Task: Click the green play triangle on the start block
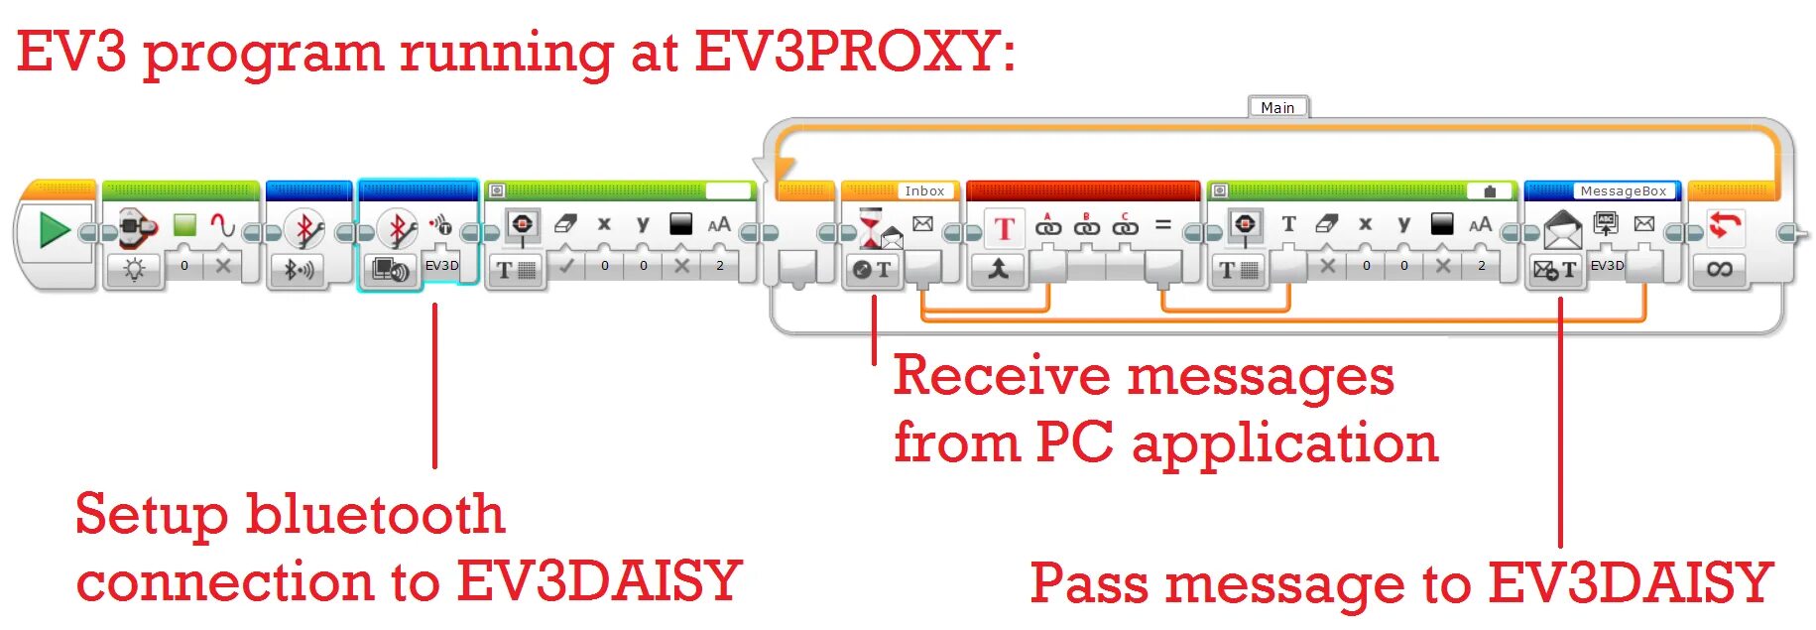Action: tap(54, 230)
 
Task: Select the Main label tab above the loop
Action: tap(1277, 107)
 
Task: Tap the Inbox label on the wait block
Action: tap(923, 190)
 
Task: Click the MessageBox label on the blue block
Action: tap(1623, 190)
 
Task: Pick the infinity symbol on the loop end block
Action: tap(1719, 269)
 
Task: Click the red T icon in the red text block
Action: tap(1004, 228)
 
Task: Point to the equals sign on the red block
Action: tap(1163, 226)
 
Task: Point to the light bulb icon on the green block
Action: tap(135, 269)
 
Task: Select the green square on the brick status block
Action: tap(184, 225)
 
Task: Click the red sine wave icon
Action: tap(223, 225)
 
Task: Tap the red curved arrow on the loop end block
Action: tap(1725, 225)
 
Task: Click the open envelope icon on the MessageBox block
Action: tap(1562, 231)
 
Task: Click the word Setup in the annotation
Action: tap(151, 514)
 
